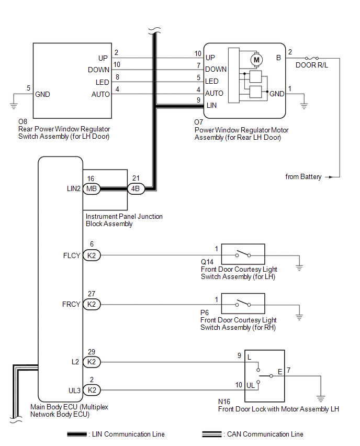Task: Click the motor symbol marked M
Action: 256,60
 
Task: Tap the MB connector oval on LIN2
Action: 92,189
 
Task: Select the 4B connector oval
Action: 136,189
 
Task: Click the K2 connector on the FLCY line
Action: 92,255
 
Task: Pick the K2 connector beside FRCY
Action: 92,304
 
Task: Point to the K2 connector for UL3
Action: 92,389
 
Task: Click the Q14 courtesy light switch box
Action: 243,254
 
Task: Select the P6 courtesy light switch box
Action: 243,303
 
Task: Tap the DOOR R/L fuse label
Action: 312,65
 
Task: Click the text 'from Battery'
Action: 303,177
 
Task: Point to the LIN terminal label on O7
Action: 211,105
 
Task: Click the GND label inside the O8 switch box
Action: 42,95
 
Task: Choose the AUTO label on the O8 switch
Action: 100,94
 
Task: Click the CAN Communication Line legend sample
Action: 212,434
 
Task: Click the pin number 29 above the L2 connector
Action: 92,352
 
